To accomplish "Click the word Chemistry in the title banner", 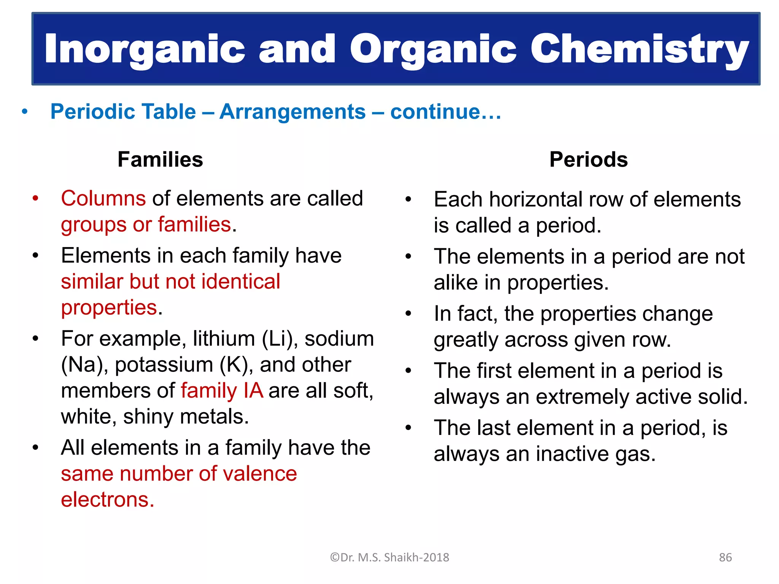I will (639, 49).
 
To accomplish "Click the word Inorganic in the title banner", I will (145, 49).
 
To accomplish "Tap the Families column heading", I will (160, 159).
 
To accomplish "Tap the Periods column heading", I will (588, 159).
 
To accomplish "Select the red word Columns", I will (103, 198).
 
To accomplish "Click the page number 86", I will (725, 557).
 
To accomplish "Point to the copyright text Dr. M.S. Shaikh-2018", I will (389, 557).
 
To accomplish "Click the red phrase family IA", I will (222, 391).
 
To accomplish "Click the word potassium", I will (164, 365).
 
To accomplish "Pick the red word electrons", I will (107, 500).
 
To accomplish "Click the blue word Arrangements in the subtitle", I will (292, 112).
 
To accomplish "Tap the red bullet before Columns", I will (35, 198).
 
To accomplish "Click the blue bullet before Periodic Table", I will (25, 112).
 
